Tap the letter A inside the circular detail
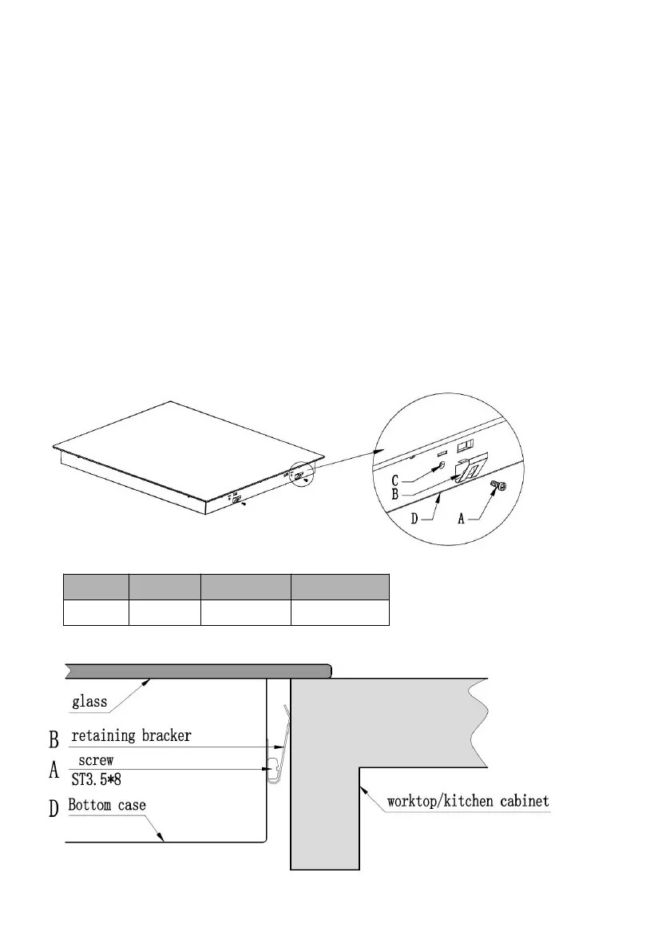(461, 518)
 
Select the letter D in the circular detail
(415, 518)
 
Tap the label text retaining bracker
(132, 735)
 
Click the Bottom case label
(107, 805)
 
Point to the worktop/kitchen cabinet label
(468, 800)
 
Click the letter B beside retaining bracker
(54, 737)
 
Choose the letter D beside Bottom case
(54, 808)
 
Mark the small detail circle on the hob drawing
(302, 473)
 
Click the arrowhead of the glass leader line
(150, 680)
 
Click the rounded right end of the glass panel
(328, 671)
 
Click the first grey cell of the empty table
(96, 586)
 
